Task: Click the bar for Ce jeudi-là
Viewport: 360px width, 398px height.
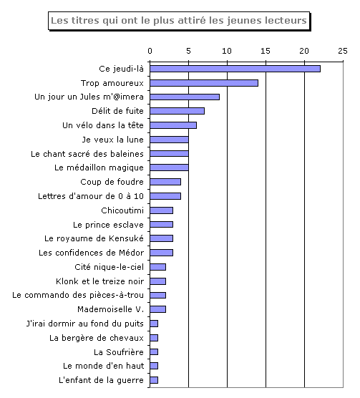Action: pyautogui.click(x=235, y=69)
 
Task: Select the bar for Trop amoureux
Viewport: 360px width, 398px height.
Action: pyautogui.click(x=204, y=83)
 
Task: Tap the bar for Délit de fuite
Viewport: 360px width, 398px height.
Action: pyautogui.click(x=177, y=111)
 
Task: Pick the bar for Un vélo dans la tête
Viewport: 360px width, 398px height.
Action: pyautogui.click(x=173, y=125)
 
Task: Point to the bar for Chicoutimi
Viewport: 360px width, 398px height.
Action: pyautogui.click(x=161, y=210)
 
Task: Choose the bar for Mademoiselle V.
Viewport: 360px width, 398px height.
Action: pyautogui.click(x=157, y=309)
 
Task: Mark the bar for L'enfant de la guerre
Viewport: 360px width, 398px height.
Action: pyautogui.click(x=154, y=380)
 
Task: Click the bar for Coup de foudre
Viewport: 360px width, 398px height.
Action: pyautogui.click(x=165, y=182)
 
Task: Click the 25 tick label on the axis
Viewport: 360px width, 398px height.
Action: pyautogui.click(x=343, y=51)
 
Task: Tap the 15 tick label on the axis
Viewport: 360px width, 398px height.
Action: pyautogui.click(x=266, y=51)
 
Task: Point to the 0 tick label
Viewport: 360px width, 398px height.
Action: pyautogui.click(x=150, y=51)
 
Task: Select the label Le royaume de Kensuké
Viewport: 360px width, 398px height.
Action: pyautogui.click(x=94, y=238)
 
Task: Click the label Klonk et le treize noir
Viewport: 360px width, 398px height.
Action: pyautogui.click(x=99, y=281)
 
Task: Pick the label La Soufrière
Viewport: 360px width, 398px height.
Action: pyautogui.click(x=119, y=352)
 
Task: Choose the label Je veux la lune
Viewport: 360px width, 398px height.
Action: pyautogui.click(x=112, y=140)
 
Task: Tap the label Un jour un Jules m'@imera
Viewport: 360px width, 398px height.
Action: pyautogui.click(x=89, y=97)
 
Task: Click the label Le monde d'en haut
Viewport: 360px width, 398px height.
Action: pyautogui.click(x=103, y=366)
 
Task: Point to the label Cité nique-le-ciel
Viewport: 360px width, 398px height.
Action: pyautogui.click(x=109, y=267)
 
